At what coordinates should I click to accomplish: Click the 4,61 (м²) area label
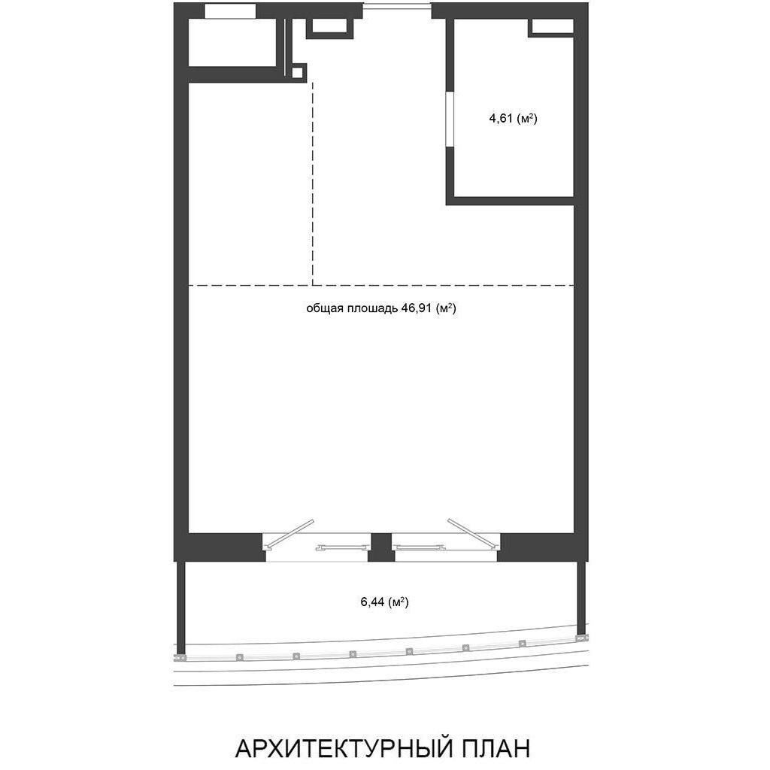(513, 118)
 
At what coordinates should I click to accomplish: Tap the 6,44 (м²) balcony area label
(385, 602)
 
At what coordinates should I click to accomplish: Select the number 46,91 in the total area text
(417, 308)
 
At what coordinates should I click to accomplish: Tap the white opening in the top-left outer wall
(230, 11)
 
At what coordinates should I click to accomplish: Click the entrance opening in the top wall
(397, 6)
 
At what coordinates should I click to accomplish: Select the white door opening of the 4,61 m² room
(449, 119)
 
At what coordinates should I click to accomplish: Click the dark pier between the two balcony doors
(381, 547)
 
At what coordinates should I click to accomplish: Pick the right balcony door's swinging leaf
(472, 532)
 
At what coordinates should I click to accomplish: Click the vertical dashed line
(313, 183)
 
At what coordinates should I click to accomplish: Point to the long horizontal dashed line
(381, 285)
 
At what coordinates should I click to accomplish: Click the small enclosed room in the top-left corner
(233, 42)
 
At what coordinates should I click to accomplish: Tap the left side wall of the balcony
(180, 607)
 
